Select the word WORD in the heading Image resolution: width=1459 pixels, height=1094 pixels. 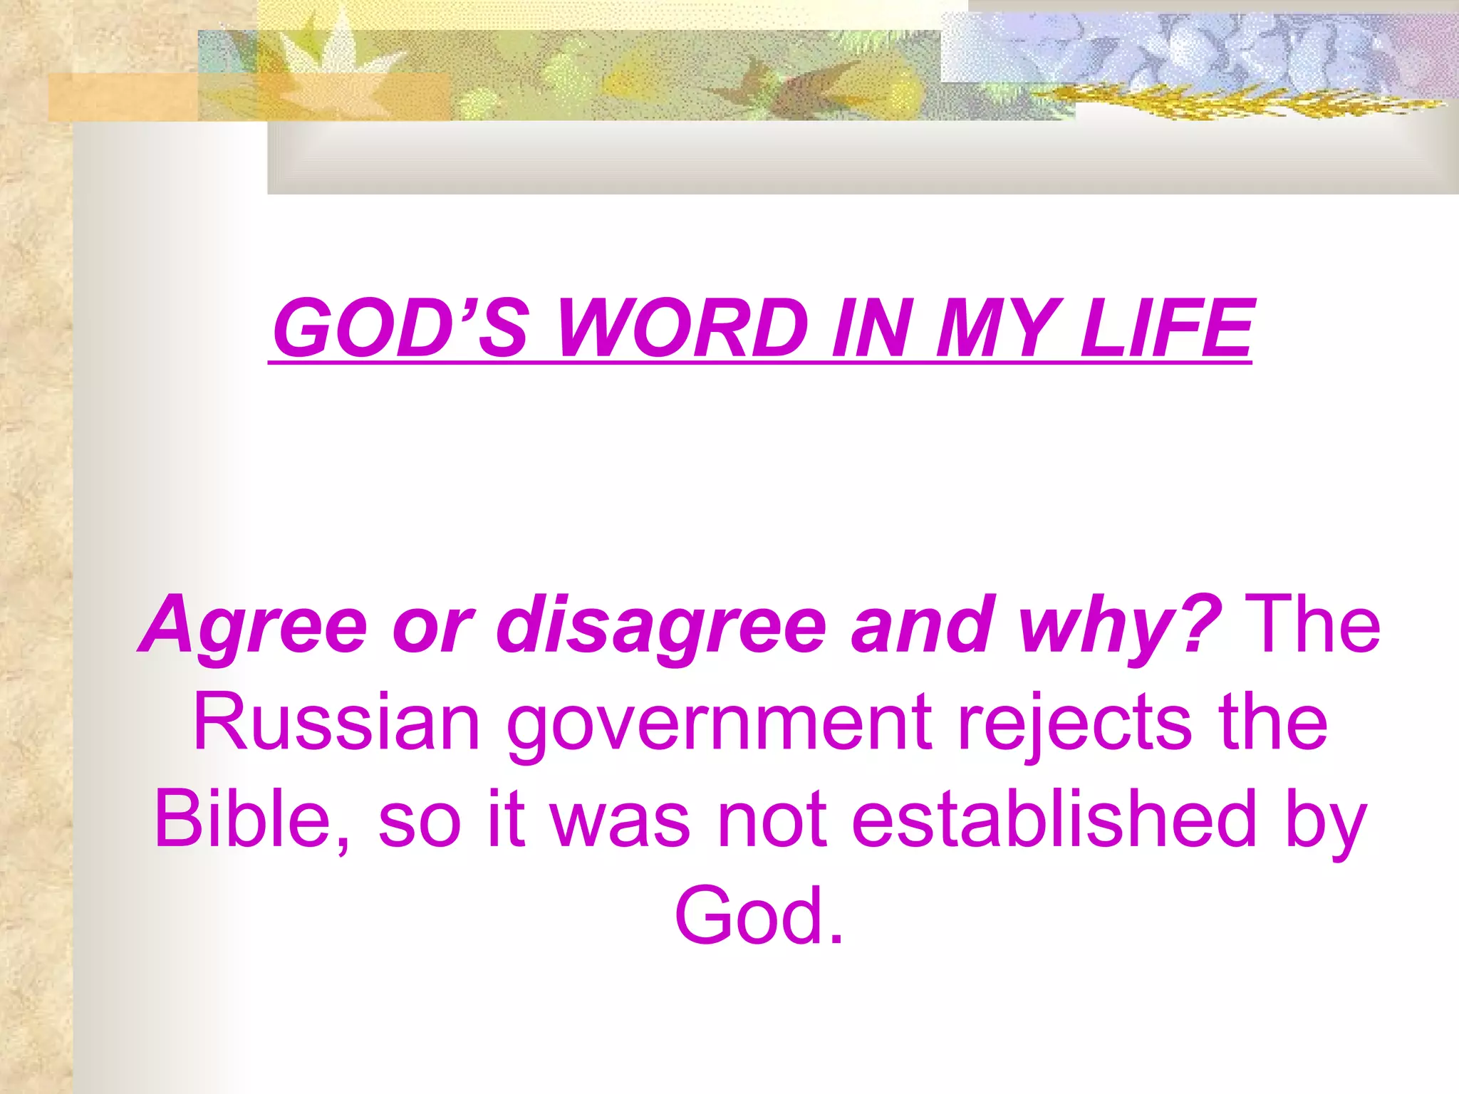pos(683,328)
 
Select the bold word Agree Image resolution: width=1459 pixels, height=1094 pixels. pos(253,625)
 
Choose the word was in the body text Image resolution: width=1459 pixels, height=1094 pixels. pos(621,820)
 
